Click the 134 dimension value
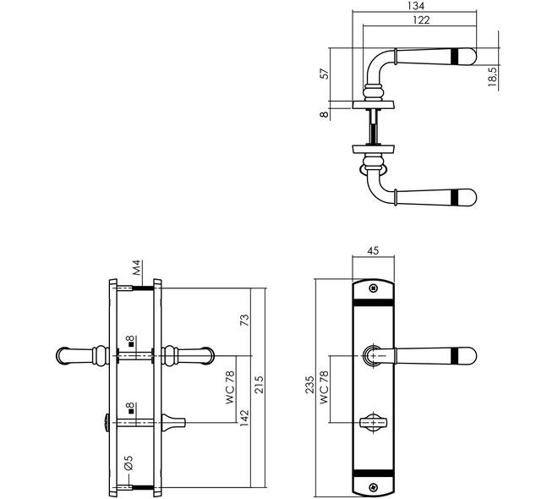click(416, 6)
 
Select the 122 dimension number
click(421, 20)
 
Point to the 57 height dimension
click(325, 74)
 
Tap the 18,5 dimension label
click(493, 77)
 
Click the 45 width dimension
click(373, 250)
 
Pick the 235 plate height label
click(310, 385)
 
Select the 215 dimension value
click(259, 385)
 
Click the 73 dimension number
click(245, 320)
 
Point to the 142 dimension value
click(244, 419)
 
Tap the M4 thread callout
click(137, 267)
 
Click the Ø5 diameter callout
click(129, 463)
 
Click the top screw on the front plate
click(373, 288)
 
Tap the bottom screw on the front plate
click(373, 487)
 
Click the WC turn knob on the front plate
click(373, 423)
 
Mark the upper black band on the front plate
click(373, 303)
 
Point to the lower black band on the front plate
click(373, 473)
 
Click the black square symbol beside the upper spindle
click(131, 344)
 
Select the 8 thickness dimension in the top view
click(324, 114)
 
